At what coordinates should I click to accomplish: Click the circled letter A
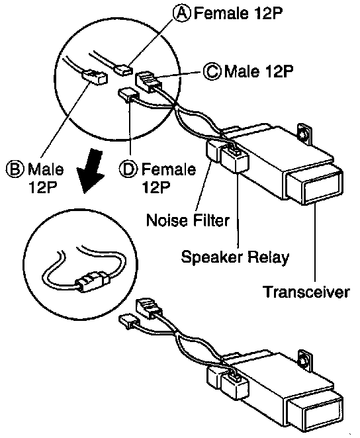[x=182, y=13]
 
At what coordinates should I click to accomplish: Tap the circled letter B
[x=15, y=169]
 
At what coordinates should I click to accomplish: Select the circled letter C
[x=212, y=71]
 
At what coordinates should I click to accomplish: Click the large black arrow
[x=91, y=171]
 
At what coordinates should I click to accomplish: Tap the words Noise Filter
[x=188, y=220]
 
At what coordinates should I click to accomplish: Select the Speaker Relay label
[x=235, y=257]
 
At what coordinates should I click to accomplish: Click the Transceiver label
[x=306, y=292]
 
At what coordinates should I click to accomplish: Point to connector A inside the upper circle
[x=124, y=69]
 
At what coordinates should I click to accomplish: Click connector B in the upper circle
[x=95, y=77]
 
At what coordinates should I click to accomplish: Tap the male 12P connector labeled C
[x=148, y=81]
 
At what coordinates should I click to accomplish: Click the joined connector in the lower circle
[x=91, y=282]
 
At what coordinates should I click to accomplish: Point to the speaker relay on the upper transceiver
[x=235, y=158]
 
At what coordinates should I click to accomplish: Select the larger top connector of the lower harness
[x=149, y=308]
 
